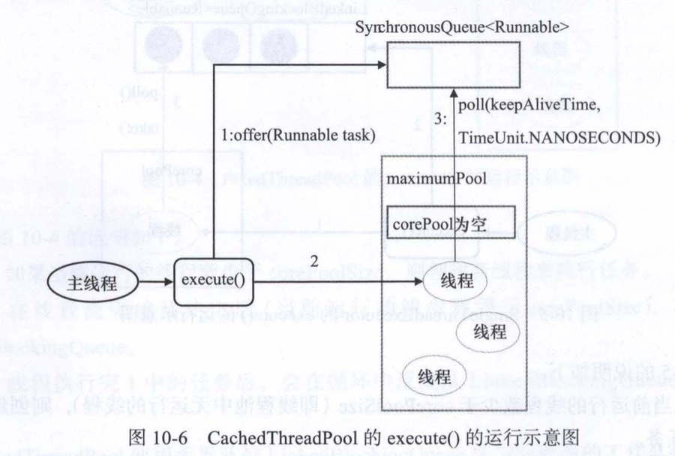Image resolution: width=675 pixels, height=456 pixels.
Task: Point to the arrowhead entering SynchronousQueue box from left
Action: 379,65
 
